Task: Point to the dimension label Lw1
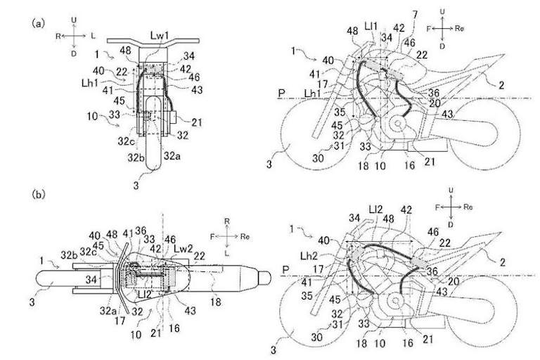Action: point(157,44)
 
